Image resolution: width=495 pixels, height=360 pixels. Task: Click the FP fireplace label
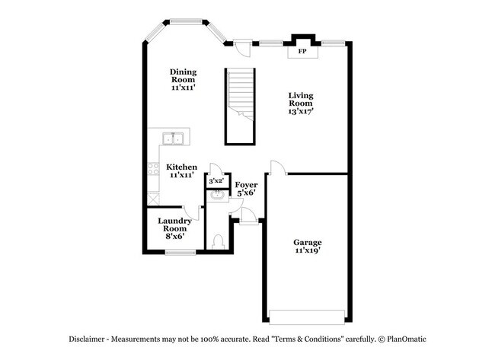point(302,52)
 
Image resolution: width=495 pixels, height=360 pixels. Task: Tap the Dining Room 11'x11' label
point(183,79)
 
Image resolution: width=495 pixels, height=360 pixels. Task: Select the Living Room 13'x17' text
point(301,103)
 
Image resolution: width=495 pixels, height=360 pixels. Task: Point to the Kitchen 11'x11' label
point(182,170)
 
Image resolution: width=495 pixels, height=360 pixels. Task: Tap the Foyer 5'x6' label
point(245,189)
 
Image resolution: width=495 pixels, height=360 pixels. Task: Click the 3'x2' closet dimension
point(216,181)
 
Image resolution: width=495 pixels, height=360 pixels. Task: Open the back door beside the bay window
point(242,47)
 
